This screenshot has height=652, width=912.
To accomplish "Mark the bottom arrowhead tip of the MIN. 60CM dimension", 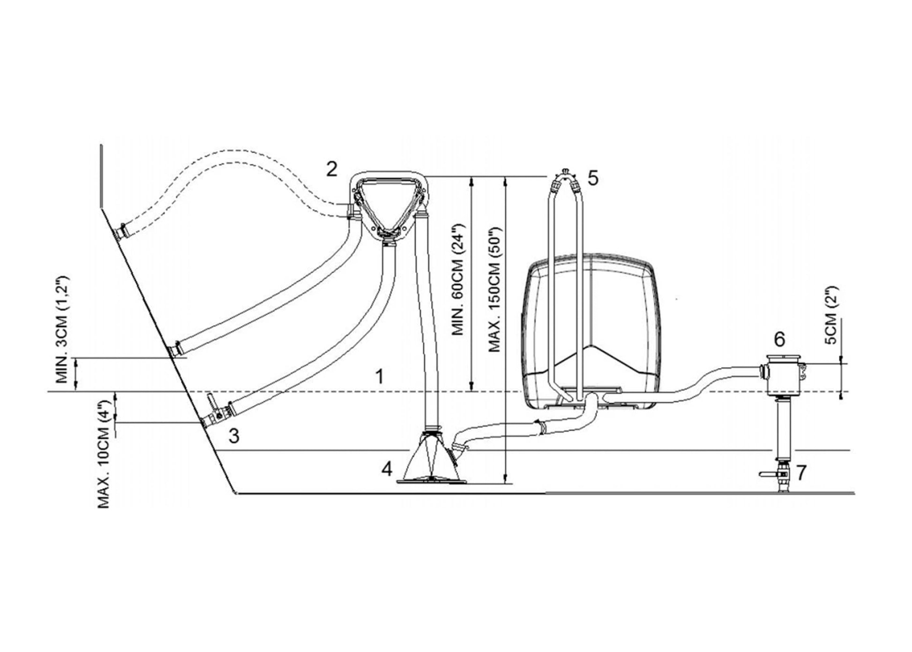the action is point(472,391).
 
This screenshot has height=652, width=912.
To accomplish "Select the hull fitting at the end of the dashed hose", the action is point(122,232).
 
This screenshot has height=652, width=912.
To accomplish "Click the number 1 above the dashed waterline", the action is point(380,376).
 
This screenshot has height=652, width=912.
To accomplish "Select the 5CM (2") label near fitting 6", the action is point(831,315).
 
